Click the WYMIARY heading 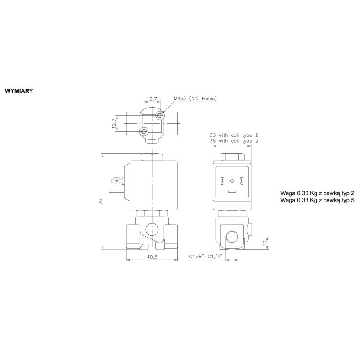click(x=18, y=90)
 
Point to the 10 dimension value click(x=265, y=243)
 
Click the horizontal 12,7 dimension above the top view click(x=152, y=99)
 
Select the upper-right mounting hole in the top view click(x=161, y=116)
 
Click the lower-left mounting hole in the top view click(x=144, y=131)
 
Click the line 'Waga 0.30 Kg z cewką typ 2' click(x=317, y=192)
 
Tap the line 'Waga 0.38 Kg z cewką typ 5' click(x=317, y=199)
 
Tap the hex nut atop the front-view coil click(x=153, y=157)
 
